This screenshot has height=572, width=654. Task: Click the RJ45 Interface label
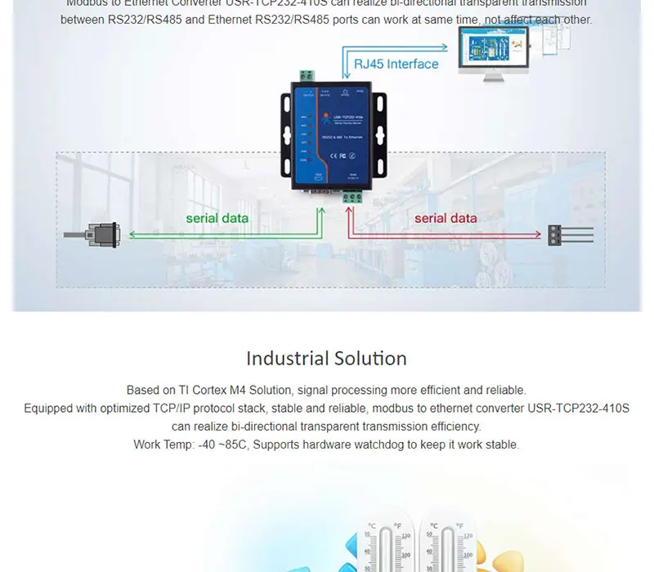pos(396,64)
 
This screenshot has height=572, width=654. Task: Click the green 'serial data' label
pos(217,218)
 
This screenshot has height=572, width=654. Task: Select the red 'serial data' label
pos(446,218)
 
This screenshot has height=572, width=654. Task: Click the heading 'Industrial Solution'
pos(326,358)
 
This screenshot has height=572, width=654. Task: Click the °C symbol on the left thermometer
pos(371,525)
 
